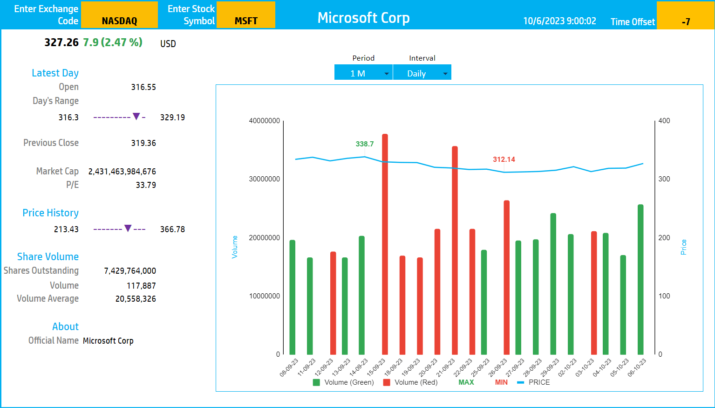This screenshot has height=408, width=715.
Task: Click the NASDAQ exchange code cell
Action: (119, 15)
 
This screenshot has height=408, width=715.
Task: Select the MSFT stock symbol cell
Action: (246, 15)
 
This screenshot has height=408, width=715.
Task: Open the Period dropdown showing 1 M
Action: (363, 73)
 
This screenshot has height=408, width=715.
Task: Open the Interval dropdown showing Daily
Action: (422, 73)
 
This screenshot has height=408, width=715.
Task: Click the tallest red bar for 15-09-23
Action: (385, 242)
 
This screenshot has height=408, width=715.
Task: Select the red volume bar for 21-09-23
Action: (455, 252)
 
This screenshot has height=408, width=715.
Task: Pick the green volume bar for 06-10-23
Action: (640, 280)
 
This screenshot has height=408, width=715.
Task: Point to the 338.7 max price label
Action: (365, 144)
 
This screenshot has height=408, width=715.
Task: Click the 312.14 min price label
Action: (504, 159)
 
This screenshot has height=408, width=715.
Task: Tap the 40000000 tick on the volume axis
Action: (264, 121)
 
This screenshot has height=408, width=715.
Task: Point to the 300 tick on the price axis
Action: (664, 179)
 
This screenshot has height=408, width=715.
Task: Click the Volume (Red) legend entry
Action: (410, 382)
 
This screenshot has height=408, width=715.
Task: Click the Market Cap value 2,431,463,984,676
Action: (122, 172)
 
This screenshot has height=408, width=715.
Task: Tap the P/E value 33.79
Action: (146, 185)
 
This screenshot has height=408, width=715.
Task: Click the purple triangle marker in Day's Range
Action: (136, 117)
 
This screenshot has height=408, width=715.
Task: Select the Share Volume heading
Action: (48, 256)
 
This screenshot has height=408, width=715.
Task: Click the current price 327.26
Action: (61, 42)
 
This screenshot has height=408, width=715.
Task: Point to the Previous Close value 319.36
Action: (143, 143)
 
